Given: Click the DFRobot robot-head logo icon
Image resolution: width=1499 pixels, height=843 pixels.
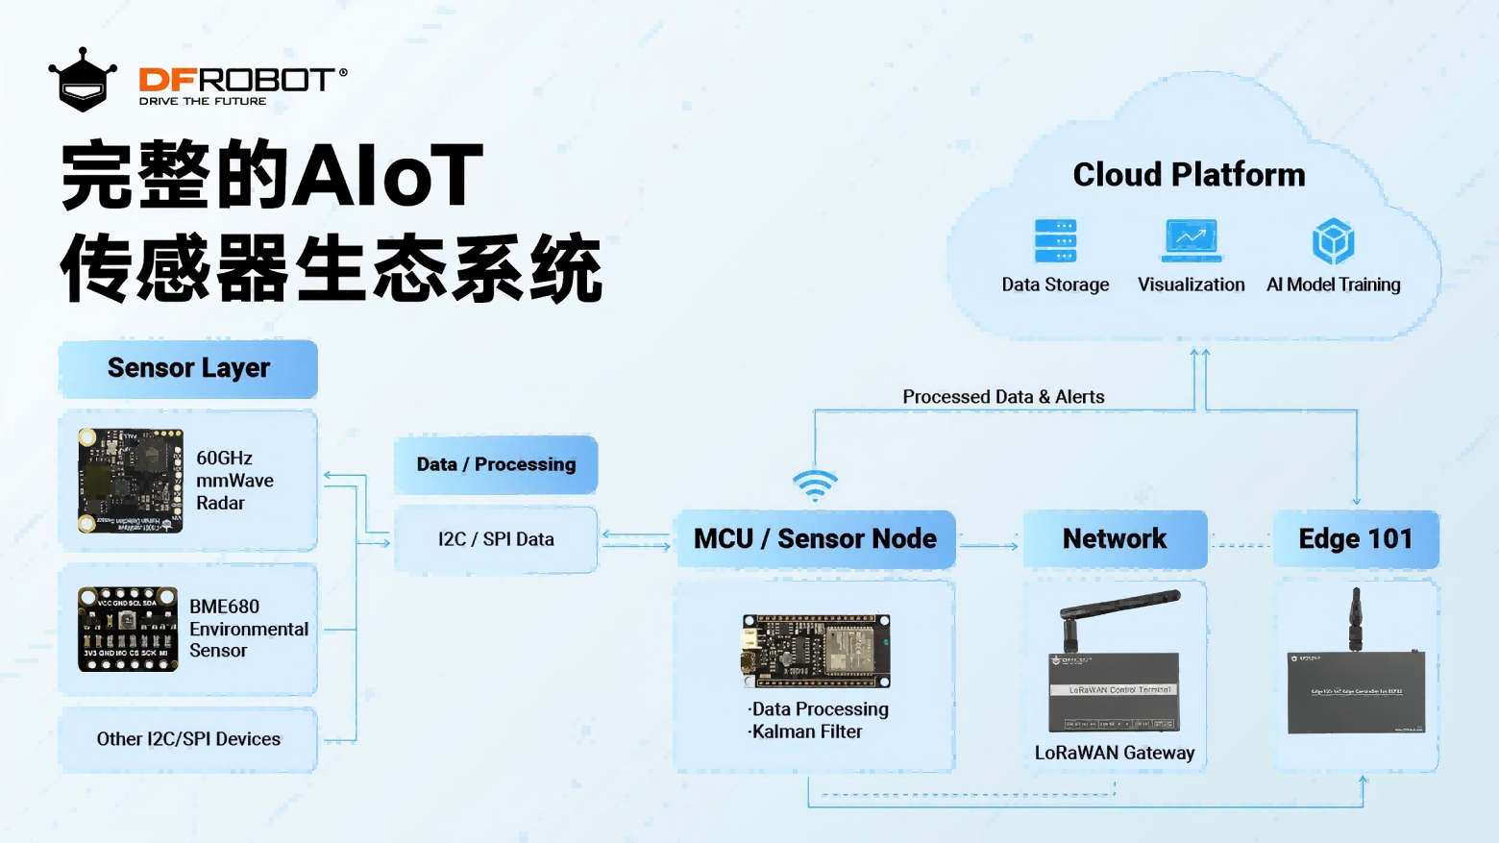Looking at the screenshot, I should [x=83, y=81].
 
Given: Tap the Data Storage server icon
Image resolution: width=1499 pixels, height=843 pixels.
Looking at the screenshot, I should [x=1055, y=240].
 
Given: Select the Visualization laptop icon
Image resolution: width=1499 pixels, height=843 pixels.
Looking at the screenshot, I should [x=1192, y=240].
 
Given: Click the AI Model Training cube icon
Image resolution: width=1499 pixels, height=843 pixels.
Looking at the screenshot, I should [x=1333, y=240].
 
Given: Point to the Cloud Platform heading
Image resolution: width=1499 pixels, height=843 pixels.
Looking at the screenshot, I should [x=1189, y=175].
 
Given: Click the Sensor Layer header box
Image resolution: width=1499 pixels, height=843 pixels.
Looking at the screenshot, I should [x=188, y=368].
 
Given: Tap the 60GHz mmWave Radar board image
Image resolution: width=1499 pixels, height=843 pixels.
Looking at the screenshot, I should [x=131, y=481].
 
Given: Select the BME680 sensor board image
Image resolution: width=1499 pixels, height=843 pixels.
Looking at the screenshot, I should [x=128, y=630].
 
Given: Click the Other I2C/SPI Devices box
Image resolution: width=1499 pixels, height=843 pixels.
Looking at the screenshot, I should [x=188, y=739].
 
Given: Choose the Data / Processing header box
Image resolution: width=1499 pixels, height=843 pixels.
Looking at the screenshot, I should [x=496, y=464].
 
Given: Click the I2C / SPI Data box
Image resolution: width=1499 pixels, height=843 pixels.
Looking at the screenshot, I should [x=496, y=539].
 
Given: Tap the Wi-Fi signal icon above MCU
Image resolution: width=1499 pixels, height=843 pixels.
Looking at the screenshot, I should [x=815, y=485].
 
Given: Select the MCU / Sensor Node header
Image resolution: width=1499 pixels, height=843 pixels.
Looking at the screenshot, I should [x=815, y=539].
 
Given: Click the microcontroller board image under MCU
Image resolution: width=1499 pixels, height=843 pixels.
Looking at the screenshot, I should [x=816, y=651].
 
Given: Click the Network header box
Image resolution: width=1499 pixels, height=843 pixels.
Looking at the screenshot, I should [x=1115, y=539].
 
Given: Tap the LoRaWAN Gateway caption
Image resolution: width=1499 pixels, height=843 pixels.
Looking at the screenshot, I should [x=1115, y=754].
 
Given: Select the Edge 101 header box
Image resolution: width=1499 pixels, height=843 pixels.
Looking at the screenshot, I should [x=1356, y=539].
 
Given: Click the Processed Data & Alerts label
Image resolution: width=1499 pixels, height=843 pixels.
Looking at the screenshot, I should [x=1003, y=397].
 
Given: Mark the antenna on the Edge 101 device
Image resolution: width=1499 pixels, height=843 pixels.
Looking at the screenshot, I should [x=1356, y=618].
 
